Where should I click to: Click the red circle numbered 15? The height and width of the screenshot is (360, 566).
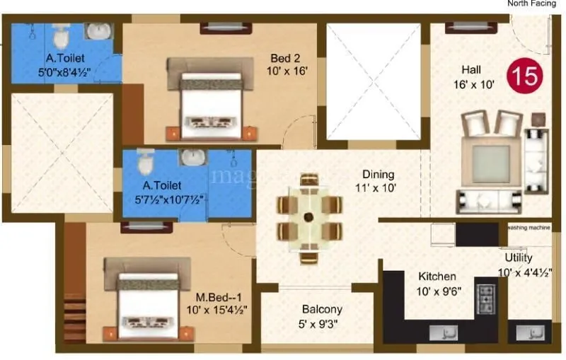point(524,76)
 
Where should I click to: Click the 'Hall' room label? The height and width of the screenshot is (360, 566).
point(473,69)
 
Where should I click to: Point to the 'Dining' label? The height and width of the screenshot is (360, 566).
point(379,174)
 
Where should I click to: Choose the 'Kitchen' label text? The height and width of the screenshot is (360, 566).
point(437,276)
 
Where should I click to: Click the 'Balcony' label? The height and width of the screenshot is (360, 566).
point(322,309)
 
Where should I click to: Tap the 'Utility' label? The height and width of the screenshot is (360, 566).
point(519,257)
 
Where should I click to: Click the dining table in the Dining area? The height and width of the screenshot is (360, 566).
point(309,218)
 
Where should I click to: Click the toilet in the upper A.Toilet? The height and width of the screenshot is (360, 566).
point(60,33)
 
